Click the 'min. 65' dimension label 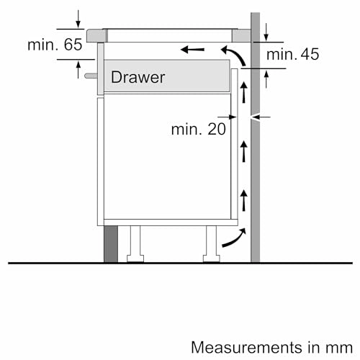[x=55, y=45]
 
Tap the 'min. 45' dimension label [x=292, y=55]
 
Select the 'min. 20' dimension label [x=198, y=129]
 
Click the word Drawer [x=138, y=77]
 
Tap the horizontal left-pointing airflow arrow [x=192, y=50]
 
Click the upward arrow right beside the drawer [x=243, y=91]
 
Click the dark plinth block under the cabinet [x=110, y=244]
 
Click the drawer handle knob [x=89, y=74]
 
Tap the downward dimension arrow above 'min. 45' [x=266, y=31]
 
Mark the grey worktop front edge [x=93, y=35]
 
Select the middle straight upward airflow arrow [x=243, y=150]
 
